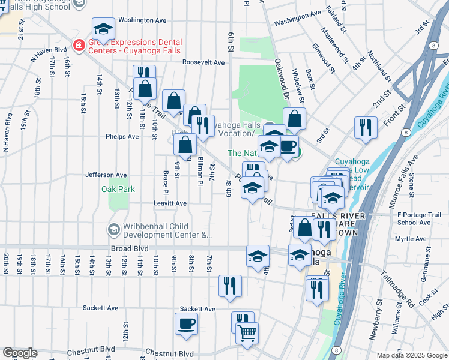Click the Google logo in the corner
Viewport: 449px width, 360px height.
(20, 353)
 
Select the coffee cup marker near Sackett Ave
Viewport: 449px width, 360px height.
(186, 324)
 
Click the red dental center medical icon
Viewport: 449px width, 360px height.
(79, 44)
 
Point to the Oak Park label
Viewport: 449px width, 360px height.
(118, 189)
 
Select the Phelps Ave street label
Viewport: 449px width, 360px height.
(122, 136)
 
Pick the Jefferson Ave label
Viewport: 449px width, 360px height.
(106, 175)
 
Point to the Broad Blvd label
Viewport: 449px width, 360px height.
(129, 248)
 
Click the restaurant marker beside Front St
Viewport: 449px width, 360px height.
(366, 127)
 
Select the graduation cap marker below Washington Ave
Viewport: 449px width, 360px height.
(104, 29)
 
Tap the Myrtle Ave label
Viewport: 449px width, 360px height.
(411, 239)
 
